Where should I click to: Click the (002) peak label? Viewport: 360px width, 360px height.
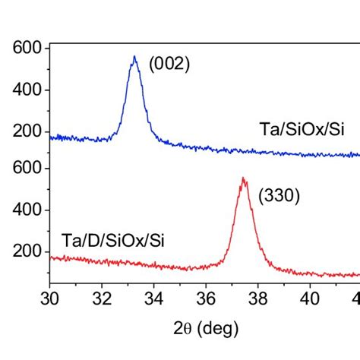[169, 65]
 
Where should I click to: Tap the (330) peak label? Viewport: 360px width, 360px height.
[279, 196]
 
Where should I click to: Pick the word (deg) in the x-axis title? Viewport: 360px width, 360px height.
[219, 330]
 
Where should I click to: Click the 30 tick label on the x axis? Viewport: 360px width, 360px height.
[49, 298]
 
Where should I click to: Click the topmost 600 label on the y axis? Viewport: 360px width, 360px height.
[27, 49]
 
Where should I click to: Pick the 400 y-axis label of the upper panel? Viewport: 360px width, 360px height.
[27, 90]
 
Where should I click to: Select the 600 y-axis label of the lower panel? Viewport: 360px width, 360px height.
[27, 168]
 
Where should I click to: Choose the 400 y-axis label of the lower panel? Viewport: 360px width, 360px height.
[27, 210]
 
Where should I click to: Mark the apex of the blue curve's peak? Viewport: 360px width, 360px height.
[134, 56]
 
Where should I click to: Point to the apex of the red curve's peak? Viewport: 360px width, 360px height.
[243, 178]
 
